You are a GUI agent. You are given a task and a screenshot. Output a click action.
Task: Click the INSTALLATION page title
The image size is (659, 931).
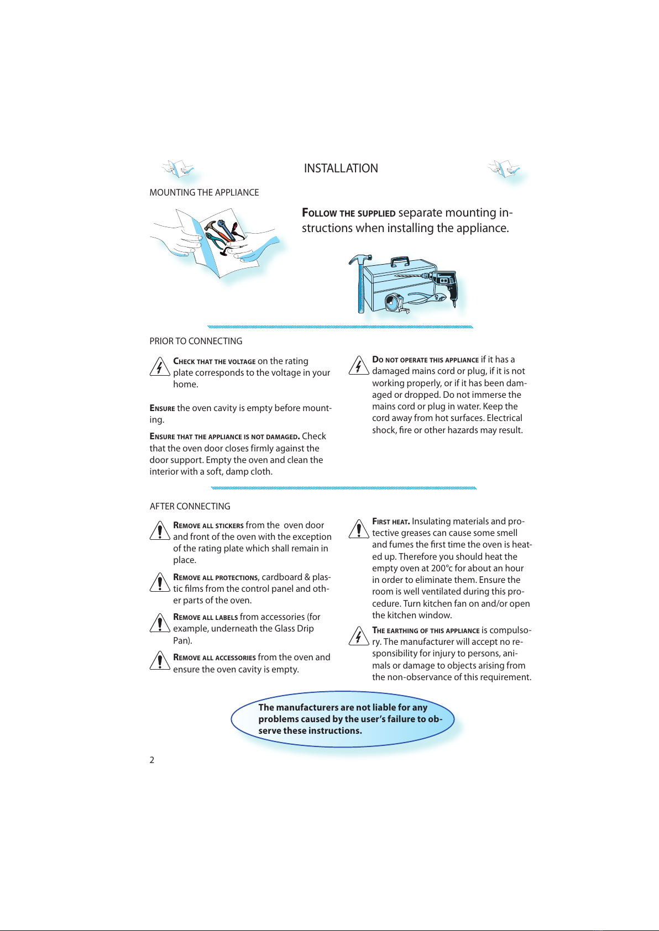coord(341,169)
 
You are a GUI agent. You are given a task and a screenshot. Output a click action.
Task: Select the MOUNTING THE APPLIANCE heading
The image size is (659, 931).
coord(204,192)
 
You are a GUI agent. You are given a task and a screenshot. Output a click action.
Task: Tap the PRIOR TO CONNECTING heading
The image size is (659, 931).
coord(196,341)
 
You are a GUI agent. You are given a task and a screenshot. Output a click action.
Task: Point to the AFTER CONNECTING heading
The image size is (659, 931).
coord(190,506)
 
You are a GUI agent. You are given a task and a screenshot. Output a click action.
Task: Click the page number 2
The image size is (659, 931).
coord(151,760)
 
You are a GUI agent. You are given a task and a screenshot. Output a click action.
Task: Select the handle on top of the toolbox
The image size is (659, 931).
coord(400,261)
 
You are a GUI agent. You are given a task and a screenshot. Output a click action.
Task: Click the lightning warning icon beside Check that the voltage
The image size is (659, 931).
coord(160,366)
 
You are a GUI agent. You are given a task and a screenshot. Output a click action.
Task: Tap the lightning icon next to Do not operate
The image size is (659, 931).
coord(359,365)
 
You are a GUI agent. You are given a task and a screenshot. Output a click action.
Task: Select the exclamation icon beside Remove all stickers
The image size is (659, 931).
coord(160,530)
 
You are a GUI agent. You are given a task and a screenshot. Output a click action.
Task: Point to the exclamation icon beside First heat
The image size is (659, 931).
coord(359,529)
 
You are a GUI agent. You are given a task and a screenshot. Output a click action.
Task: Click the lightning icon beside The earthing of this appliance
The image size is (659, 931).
coord(359,636)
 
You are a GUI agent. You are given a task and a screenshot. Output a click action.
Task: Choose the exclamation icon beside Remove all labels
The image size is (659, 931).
coord(160,623)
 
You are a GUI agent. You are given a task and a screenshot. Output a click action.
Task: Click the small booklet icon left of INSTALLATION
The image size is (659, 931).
coord(178,169)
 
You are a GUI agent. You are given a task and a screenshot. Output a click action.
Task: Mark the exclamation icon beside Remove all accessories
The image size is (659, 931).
coord(160,660)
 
